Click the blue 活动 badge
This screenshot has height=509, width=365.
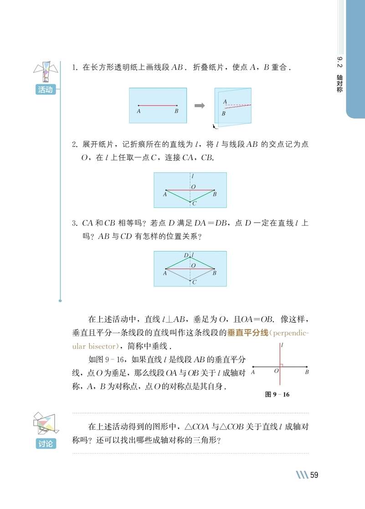coord(45,90)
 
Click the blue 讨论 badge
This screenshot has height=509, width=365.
coord(45,443)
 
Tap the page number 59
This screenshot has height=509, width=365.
coord(314,475)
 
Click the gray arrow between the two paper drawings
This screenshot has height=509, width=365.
coord(199,106)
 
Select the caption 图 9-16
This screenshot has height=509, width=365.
coord(277,395)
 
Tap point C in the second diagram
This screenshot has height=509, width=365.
coord(190,202)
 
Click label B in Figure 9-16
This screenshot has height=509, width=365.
coord(307,372)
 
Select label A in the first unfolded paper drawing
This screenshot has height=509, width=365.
coord(139,111)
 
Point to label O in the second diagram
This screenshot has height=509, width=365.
coord(194,187)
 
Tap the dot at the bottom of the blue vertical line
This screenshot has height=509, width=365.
coord(60,301)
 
